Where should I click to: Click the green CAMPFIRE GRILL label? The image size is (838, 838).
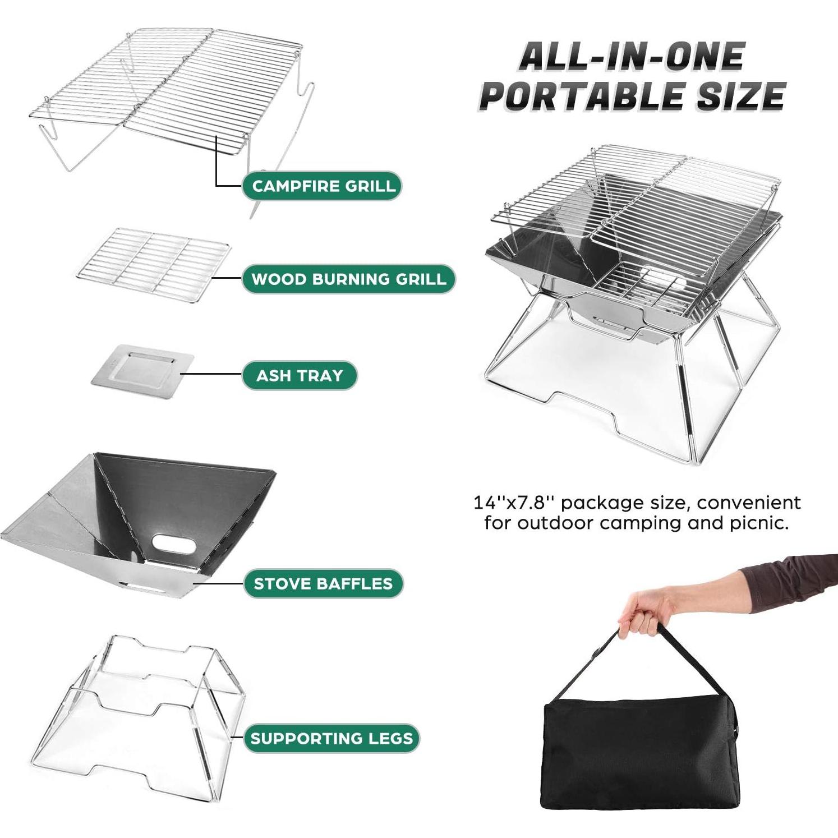[x=322, y=186]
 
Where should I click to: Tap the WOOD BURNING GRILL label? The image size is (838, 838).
[x=348, y=279]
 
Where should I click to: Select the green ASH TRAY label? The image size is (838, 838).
[x=299, y=375]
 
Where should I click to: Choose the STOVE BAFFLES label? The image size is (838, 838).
[x=323, y=583]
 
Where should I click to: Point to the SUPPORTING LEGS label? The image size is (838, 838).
[x=331, y=738]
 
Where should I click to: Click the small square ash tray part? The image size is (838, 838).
[x=142, y=372]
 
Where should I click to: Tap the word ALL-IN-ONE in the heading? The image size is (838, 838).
[x=632, y=57]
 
